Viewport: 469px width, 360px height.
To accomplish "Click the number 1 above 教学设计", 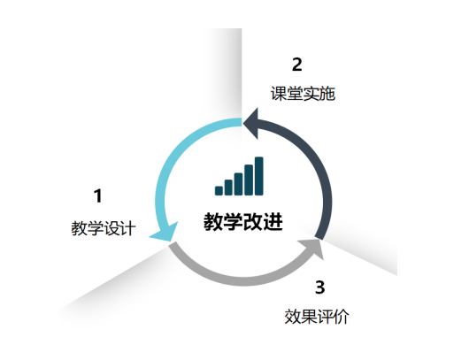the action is (98, 195).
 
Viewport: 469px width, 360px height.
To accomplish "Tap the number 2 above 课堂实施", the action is (297, 65).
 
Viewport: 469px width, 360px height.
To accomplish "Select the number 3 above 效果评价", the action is (320, 287).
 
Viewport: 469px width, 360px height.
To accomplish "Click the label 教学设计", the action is (104, 228).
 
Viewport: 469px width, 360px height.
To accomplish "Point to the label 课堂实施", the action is (303, 94).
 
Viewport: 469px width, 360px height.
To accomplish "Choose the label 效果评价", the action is (317, 317).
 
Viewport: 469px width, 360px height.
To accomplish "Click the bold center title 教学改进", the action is (243, 222).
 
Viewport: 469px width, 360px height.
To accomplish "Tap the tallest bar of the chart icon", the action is (259, 176).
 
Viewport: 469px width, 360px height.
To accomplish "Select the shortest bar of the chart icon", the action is (219, 191).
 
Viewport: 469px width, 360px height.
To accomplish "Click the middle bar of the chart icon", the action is (238, 184).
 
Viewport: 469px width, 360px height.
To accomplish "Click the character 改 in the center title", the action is (253, 222).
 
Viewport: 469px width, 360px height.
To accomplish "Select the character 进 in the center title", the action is (273, 222).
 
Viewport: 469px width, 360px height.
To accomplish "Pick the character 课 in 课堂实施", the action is (279, 94).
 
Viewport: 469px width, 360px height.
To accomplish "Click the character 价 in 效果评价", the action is (342, 317).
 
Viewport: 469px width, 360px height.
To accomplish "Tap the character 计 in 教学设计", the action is (128, 228).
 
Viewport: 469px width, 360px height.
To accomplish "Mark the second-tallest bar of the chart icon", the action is (249, 180).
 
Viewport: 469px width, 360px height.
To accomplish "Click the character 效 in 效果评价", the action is (292, 317).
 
